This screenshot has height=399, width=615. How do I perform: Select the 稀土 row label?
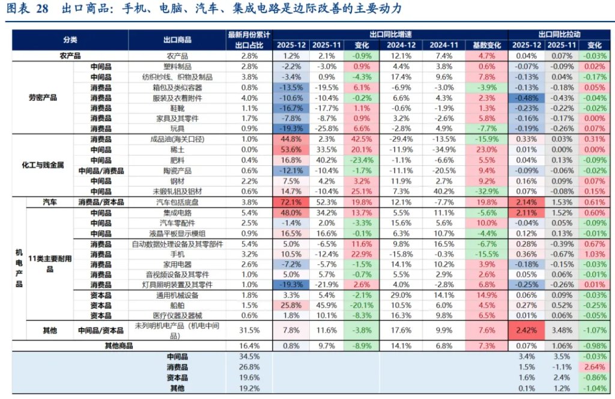(177, 150)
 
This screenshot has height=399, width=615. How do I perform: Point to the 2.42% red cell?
(527, 330)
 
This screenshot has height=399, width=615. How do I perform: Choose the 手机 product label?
(177, 254)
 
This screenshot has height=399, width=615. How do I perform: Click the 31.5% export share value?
(249, 330)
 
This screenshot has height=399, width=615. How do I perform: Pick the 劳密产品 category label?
(43, 97)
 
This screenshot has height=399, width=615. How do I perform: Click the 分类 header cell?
(70, 40)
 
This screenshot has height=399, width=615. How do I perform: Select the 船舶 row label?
(177, 305)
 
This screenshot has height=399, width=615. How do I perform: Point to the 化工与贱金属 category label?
(43, 165)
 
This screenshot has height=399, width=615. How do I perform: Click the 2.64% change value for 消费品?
(593, 367)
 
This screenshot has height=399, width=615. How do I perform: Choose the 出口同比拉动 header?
(559, 35)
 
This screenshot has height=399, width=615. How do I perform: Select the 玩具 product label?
(177, 129)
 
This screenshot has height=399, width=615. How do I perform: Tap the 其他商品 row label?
(119, 346)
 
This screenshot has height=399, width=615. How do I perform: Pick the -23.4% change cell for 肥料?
(362, 160)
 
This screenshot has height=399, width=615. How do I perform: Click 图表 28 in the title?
(28, 8)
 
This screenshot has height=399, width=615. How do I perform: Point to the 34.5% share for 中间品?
(249, 357)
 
